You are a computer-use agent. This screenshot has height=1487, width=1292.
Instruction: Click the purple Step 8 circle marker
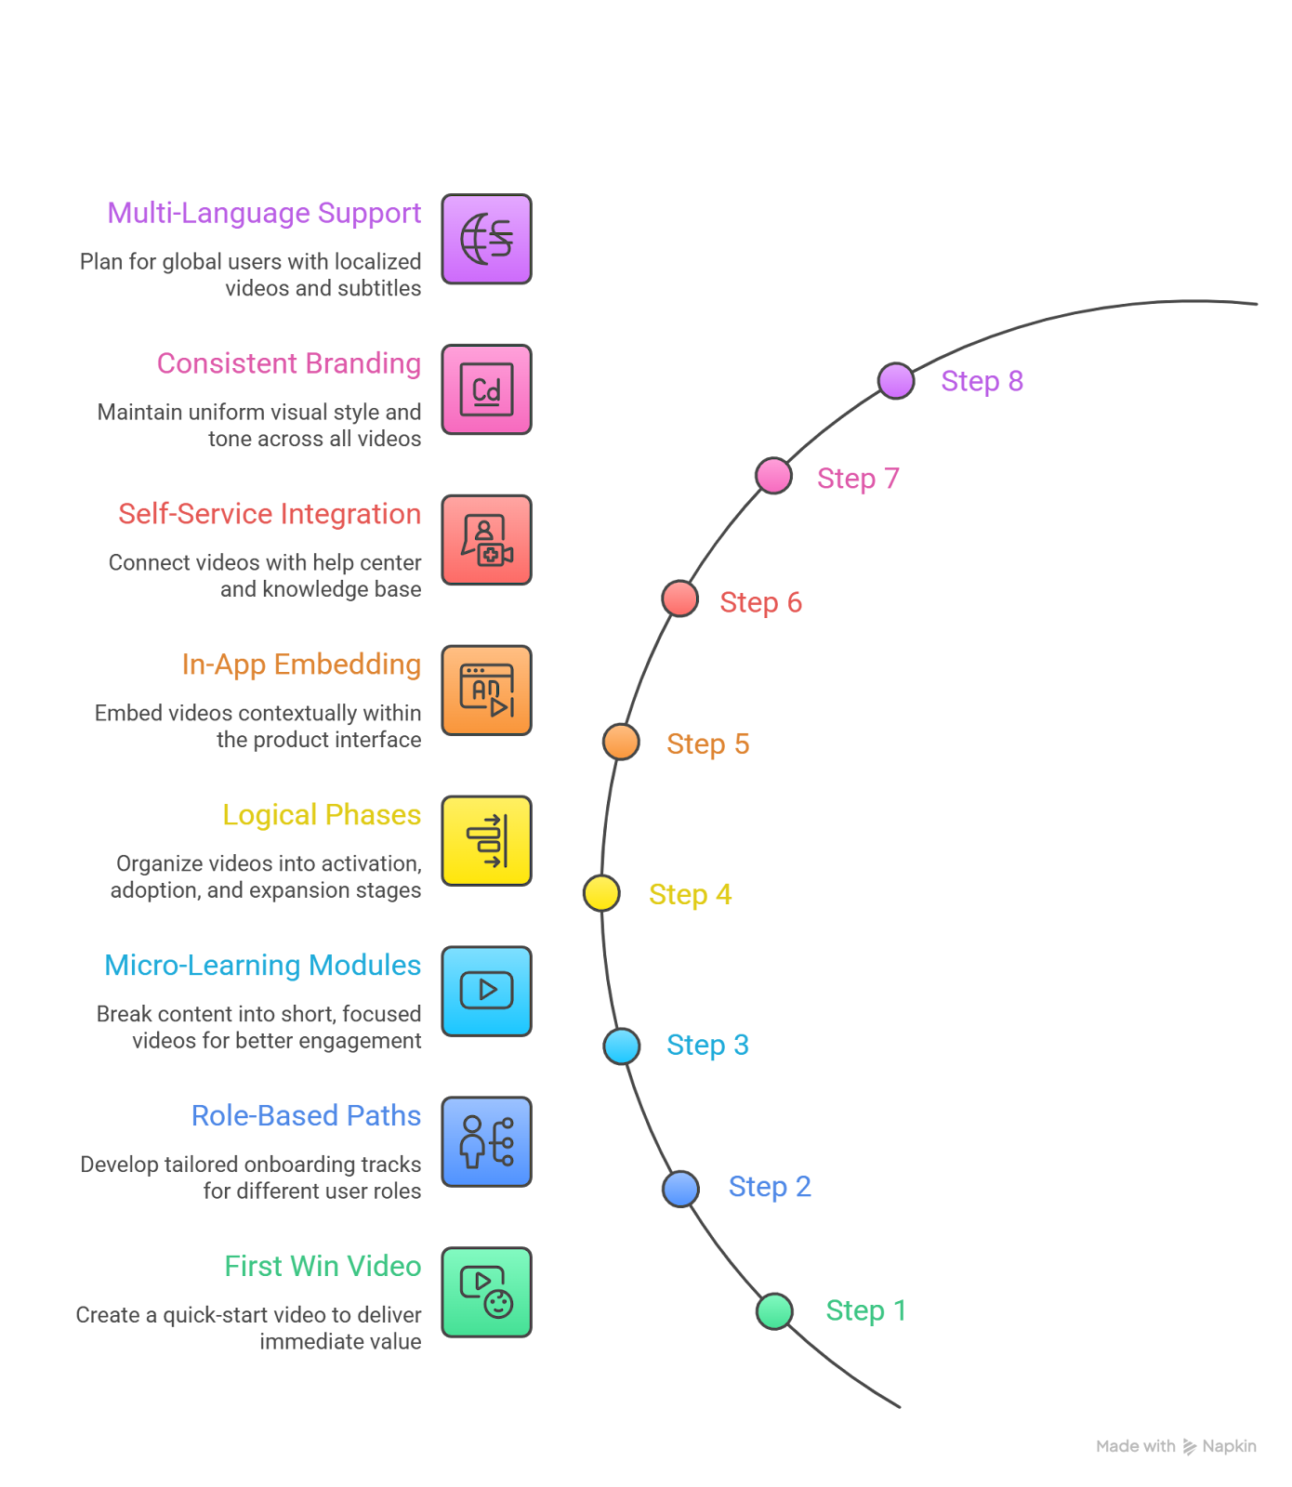click(x=896, y=381)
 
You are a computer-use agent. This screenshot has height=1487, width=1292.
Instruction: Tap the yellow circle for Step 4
click(x=601, y=893)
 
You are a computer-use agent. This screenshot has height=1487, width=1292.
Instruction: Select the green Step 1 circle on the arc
click(x=774, y=1311)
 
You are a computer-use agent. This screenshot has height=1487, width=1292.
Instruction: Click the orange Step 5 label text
click(x=707, y=744)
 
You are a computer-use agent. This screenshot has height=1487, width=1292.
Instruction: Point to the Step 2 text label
click(x=770, y=1187)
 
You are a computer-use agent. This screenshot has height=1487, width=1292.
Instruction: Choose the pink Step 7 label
click(x=857, y=479)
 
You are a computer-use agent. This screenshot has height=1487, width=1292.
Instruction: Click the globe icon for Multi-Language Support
click(x=486, y=239)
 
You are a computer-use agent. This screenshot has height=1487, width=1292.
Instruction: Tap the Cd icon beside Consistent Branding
click(x=486, y=389)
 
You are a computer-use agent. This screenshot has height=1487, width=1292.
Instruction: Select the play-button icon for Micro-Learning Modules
click(x=486, y=991)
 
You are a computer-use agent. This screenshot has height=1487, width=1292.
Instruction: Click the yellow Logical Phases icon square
click(x=486, y=840)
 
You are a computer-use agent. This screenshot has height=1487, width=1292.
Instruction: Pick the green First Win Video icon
click(x=486, y=1292)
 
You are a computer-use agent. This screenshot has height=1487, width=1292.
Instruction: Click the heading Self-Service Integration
click(x=270, y=514)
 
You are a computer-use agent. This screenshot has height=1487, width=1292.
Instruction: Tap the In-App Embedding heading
click(x=301, y=665)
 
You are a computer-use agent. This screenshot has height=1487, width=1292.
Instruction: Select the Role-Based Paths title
click(x=306, y=1115)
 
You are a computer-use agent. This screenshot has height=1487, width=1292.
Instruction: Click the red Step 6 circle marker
click(x=680, y=599)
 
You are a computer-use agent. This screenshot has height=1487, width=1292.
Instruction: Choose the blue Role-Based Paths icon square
click(x=486, y=1141)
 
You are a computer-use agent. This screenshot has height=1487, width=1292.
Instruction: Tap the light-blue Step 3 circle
click(x=622, y=1046)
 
